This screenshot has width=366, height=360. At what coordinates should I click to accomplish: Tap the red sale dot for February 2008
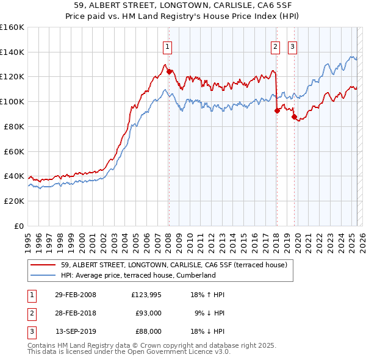coord(169,71)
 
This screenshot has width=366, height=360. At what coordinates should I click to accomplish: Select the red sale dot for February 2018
coord(277,110)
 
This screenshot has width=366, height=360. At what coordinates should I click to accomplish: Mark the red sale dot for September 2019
coord(294,117)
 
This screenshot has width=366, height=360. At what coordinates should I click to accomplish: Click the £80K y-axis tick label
coord(14,126)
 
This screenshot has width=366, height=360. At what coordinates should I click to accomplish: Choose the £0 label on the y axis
coord(20,226)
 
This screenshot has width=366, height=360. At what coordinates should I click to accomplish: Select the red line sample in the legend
coord(43,264)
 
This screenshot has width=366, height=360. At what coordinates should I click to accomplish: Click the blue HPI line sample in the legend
coord(43,275)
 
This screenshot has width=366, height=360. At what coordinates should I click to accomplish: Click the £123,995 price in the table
coord(146,295)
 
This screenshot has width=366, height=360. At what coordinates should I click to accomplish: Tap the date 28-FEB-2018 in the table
coord(76,313)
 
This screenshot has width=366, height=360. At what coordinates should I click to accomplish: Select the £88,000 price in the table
coord(148,331)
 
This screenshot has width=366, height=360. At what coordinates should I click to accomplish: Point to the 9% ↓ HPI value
coord(210,313)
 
